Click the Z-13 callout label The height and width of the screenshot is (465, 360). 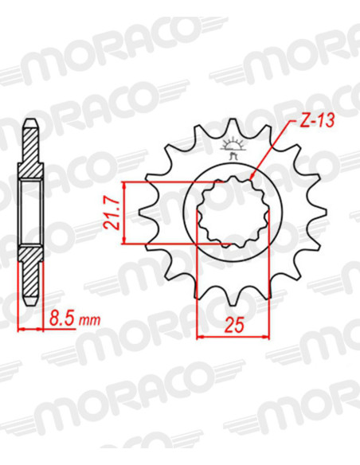coord(317,121)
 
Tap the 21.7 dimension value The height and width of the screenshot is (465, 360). coord(112,214)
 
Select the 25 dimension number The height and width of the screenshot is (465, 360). coord(234,325)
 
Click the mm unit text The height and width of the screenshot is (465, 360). coord(89,321)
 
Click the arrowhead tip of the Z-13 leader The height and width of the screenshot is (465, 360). coord(251,179)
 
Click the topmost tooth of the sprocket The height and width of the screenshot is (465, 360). coord(233,124)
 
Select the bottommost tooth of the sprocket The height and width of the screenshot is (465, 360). coord(233,300)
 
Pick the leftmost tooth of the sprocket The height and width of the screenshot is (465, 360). coord(144,212)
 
